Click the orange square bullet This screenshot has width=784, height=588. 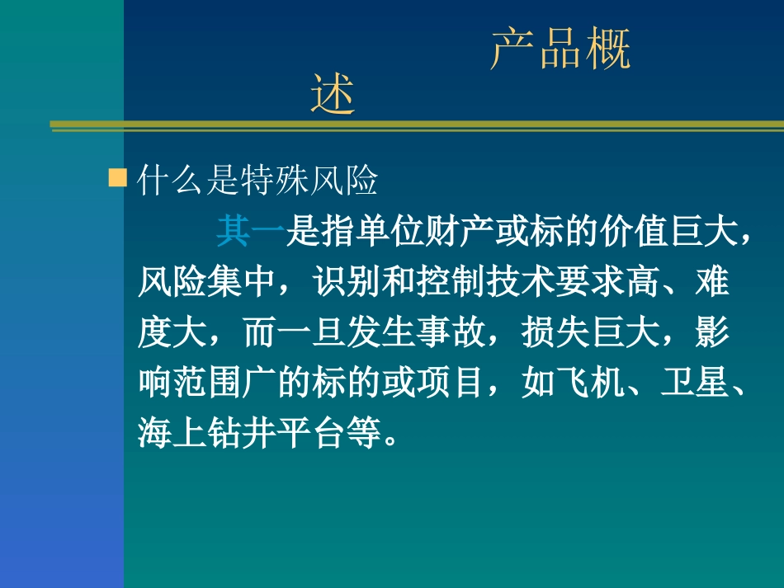(118, 178)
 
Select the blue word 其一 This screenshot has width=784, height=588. (251, 232)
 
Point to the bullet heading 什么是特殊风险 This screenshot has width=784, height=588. (257, 181)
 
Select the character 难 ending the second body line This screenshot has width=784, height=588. (713, 283)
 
